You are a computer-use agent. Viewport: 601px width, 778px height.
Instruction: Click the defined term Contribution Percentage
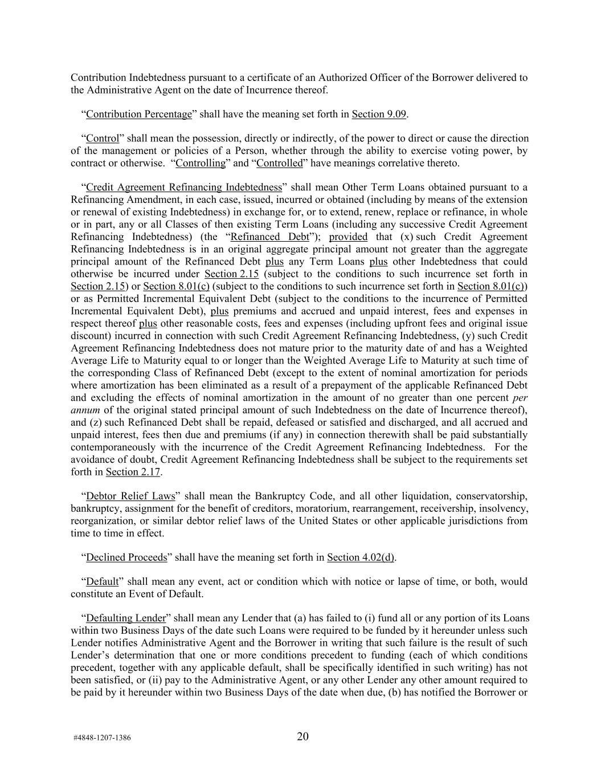point(138,114)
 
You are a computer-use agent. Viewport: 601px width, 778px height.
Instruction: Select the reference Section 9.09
point(379,114)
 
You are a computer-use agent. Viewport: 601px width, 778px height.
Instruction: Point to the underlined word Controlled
point(279,164)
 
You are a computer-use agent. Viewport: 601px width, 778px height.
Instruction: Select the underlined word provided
point(348,237)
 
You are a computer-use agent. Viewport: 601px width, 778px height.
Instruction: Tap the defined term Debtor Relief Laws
point(130,496)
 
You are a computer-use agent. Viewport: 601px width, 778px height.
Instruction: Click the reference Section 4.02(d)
point(361,557)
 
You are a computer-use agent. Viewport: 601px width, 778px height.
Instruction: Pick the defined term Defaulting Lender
point(125,618)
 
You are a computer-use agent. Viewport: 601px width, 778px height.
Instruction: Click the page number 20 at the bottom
point(302,736)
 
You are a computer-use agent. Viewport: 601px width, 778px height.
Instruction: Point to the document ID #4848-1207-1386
point(102,738)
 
